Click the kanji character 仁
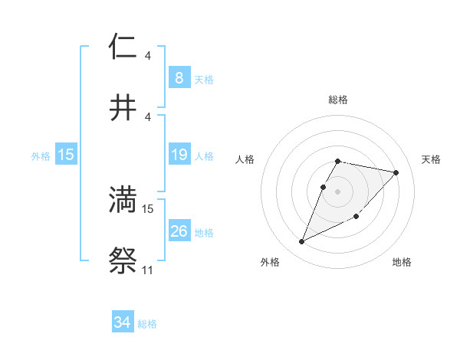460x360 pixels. point(123,47)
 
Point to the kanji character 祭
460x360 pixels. point(123,260)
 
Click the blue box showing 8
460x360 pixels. point(179,77)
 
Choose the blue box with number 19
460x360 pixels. point(179,155)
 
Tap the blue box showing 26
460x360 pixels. point(179,231)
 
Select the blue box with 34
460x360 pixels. point(122,322)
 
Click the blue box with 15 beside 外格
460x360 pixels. point(66,155)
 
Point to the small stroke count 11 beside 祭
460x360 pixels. point(148,270)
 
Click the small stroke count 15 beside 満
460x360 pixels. point(148,208)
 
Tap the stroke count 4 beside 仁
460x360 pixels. point(148,56)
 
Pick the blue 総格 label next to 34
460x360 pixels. point(148,324)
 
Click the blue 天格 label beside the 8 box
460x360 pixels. point(204,79)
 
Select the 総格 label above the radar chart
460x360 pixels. point(338,100)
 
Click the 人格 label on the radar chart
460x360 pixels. point(245,159)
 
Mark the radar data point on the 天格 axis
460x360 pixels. point(396,172)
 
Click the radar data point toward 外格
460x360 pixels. point(301,242)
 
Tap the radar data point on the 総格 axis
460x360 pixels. point(338,161)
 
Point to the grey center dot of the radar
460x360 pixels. point(338,191)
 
